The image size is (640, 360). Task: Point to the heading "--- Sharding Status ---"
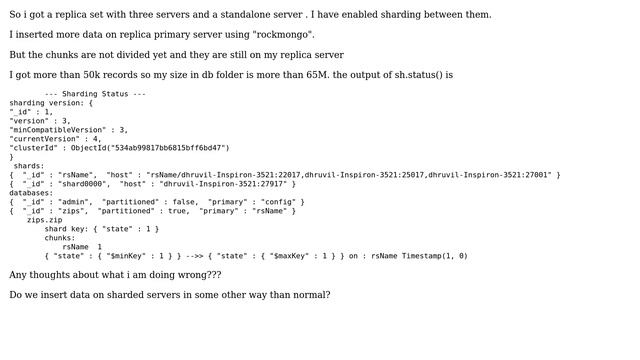coord(95,94)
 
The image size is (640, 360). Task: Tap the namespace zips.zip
coord(44,220)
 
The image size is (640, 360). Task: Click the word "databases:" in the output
coord(31,193)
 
